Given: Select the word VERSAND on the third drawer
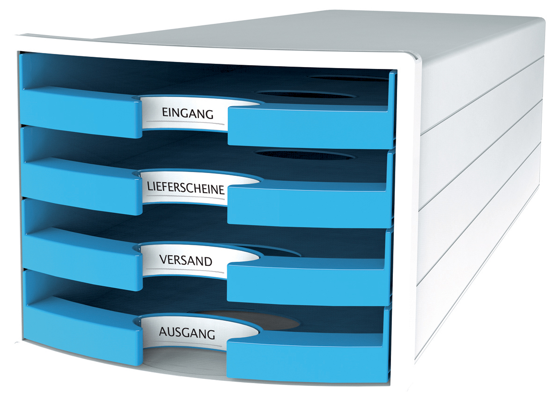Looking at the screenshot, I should tap(186, 260).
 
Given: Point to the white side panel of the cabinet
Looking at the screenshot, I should tap(482, 188).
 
